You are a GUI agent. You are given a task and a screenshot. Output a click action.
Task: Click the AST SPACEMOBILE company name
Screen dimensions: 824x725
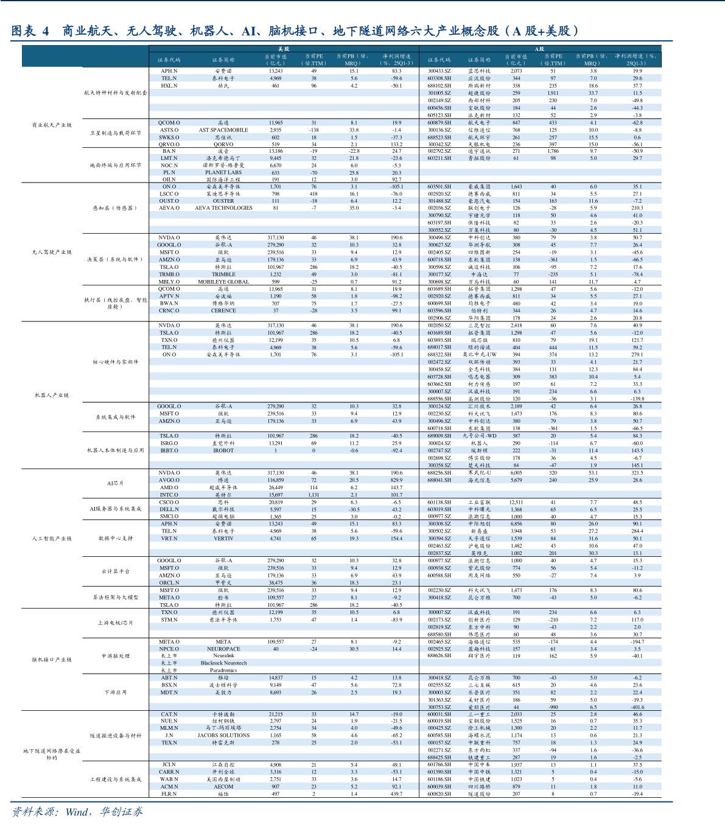click(223, 130)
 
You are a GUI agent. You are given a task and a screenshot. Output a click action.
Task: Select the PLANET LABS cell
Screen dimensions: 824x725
click(223, 172)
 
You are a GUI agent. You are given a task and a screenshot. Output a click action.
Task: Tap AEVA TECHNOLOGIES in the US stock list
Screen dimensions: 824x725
click(223, 208)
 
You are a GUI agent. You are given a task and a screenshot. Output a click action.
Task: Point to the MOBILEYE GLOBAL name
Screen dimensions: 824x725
click(223, 282)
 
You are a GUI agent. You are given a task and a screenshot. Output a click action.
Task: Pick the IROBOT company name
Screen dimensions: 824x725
click(223, 450)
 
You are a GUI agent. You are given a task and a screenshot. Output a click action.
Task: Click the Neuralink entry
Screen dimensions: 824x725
click(223, 656)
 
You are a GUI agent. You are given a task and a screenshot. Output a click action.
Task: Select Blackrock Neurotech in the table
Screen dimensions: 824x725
click(223, 663)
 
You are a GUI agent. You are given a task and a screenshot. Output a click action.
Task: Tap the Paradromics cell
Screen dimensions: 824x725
click(223, 671)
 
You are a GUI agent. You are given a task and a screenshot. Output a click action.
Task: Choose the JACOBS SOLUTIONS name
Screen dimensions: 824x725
click(223, 735)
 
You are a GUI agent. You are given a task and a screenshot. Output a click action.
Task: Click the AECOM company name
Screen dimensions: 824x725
click(223, 786)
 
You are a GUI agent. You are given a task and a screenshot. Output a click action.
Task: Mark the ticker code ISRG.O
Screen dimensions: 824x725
click(169, 443)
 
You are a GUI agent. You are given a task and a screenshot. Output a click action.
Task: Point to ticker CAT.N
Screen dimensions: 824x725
click(169, 714)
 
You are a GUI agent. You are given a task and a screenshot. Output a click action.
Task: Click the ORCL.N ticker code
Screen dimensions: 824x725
click(169, 582)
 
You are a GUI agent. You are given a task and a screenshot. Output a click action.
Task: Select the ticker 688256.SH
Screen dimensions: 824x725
click(439, 473)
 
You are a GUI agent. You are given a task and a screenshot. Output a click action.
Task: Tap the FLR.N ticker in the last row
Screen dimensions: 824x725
click(169, 794)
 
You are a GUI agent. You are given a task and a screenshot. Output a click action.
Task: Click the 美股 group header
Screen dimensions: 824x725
click(284, 49)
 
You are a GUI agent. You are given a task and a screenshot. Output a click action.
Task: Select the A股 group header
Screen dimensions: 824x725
click(540, 49)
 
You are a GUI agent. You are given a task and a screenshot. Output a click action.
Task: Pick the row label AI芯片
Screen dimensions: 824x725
click(115, 483)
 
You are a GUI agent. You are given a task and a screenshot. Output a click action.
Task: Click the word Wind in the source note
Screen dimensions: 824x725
click(77, 812)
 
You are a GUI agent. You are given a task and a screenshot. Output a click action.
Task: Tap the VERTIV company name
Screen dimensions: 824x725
click(223, 539)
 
